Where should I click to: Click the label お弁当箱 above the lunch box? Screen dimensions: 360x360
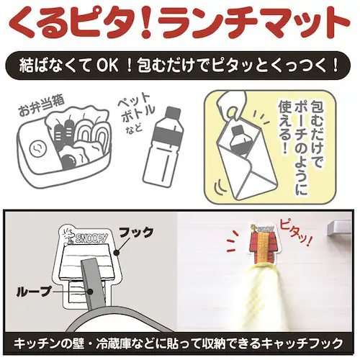[x=42, y=107]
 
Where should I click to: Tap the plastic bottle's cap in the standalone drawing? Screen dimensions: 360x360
[x=173, y=112]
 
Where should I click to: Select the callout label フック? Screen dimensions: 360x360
[x=136, y=232]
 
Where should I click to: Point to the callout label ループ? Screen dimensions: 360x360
[x=34, y=291]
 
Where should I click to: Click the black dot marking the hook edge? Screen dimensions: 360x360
[x=117, y=253]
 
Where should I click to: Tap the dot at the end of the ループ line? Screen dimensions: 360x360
[x=90, y=292]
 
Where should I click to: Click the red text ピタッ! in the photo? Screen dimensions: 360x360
[x=296, y=232]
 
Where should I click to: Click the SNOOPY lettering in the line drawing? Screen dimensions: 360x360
[x=91, y=238]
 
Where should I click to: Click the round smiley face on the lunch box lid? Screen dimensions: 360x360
[x=38, y=149]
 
